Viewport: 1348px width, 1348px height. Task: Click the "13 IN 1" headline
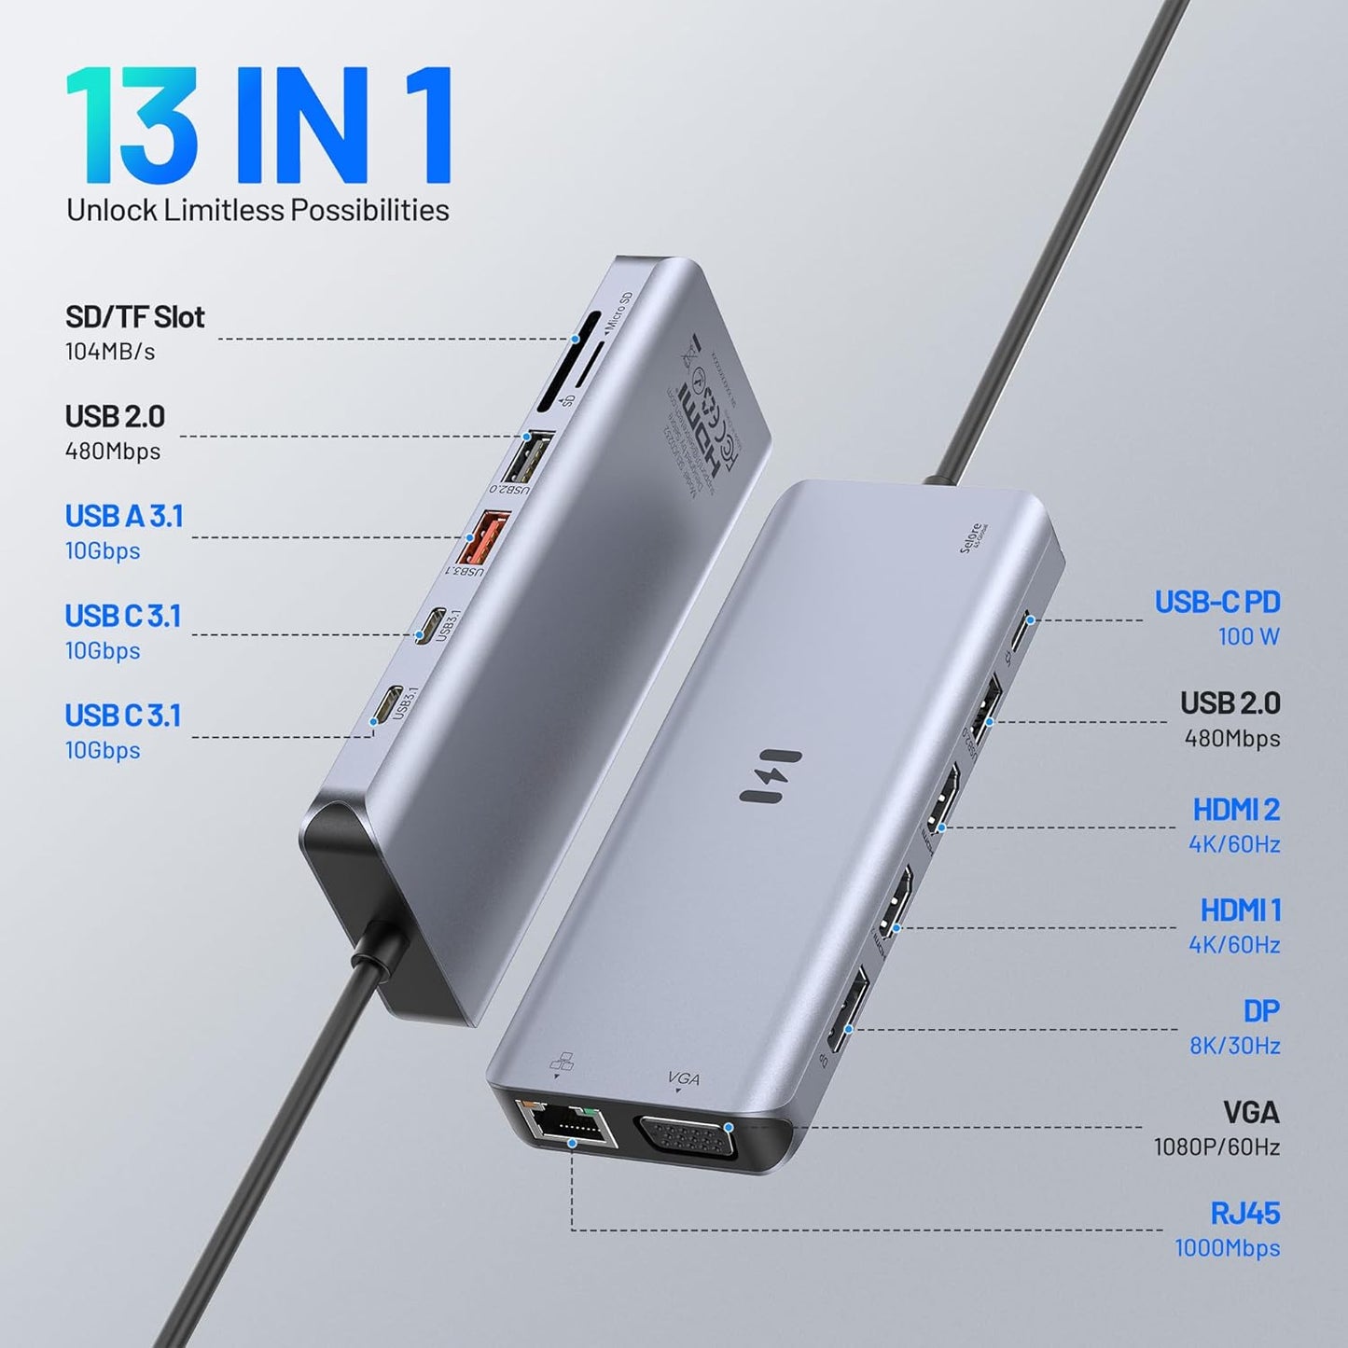[258, 125]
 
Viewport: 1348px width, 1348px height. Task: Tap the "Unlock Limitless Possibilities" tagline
[257, 210]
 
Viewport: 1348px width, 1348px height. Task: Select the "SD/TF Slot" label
[134, 317]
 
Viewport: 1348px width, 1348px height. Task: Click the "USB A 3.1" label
[124, 516]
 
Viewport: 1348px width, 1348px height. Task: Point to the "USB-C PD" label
[1216, 603]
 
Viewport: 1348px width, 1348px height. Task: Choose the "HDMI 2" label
[1236, 810]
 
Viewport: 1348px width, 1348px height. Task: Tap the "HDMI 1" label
[1240, 910]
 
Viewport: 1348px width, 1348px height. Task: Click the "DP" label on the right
[1261, 1011]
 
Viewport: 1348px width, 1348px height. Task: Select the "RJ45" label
[1244, 1214]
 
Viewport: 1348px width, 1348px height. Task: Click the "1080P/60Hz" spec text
[1216, 1146]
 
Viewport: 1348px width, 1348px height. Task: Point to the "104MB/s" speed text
[110, 352]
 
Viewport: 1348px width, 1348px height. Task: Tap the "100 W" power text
[1248, 637]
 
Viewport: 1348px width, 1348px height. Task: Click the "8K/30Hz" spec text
[1234, 1046]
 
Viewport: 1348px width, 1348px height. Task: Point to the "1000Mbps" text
[1227, 1248]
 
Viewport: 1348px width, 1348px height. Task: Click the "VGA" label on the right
[1251, 1113]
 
